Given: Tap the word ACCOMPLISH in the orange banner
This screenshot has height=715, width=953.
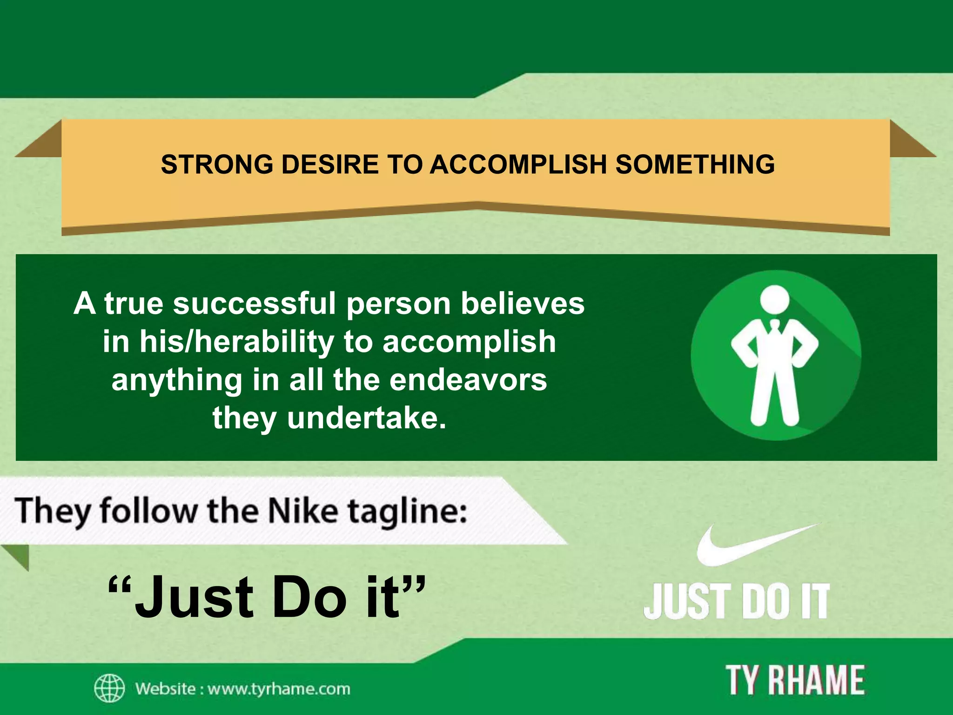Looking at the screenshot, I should [518, 164].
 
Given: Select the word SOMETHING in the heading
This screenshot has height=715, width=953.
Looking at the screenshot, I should [695, 164].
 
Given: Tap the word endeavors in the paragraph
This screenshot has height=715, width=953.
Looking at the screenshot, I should [468, 380].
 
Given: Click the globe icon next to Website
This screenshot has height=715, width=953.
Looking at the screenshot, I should [109, 688].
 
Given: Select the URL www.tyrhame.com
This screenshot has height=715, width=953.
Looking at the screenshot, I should [279, 688].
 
